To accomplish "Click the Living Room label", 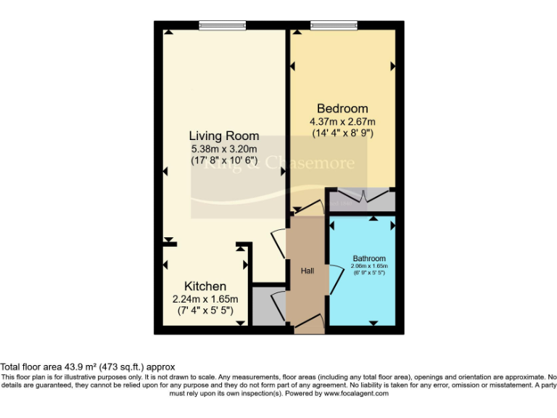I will click(x=224, y=136).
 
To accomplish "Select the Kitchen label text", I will click(x=205, y=286).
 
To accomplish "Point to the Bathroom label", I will click(x=369, y=258).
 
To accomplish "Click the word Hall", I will click(x=308, y=271).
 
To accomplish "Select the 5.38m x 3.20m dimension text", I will click(x=224, y=149).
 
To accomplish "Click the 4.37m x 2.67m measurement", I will click(x=342, y=121).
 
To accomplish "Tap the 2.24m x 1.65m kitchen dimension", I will click(x=205, y=298).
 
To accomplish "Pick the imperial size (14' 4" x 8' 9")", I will click(x=342, y=133).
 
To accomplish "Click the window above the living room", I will click(x=223, y=25).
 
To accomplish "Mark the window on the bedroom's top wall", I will click(x=334, y=25).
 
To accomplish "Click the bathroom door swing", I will click(x=336, y=280).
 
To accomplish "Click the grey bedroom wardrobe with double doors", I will click(x=361, y=200).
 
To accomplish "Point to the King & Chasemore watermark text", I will click(x=279, y=163).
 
